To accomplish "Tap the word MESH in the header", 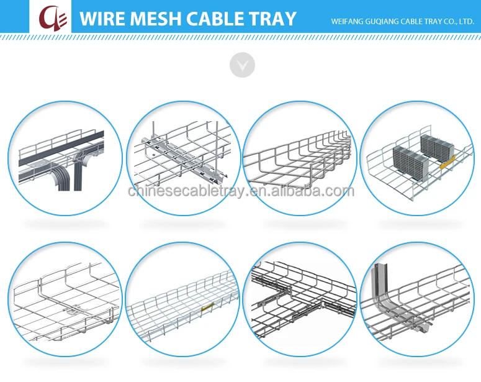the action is click(x=157, y=19).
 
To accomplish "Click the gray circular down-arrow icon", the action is click(x=242, y=65).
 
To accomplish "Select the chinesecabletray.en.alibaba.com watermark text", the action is click(x=241, y=191).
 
